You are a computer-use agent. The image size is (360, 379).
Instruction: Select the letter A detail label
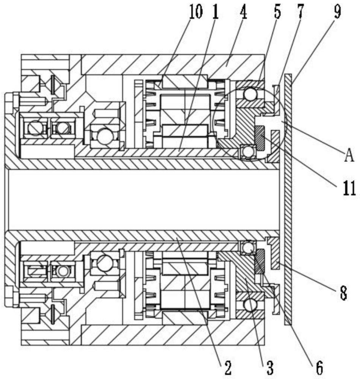coord(348,155)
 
